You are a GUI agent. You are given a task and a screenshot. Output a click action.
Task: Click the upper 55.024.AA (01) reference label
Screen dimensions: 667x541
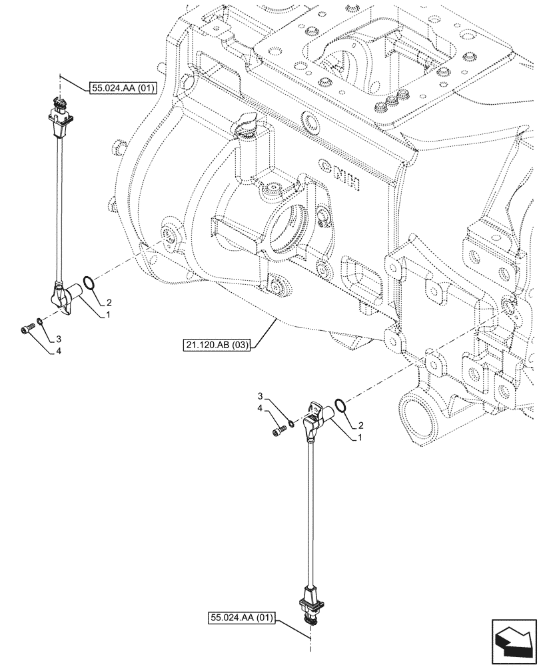pos(121,87)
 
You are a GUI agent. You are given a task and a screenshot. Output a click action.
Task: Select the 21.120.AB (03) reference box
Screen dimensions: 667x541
pos(215,344)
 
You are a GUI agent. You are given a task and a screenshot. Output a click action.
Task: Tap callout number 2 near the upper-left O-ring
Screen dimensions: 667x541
pos(109,301)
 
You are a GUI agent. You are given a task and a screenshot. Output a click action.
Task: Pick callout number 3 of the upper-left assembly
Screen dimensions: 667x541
pos(59,338)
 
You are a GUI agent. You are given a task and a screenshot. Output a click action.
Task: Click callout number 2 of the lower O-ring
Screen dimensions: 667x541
pos(360,424)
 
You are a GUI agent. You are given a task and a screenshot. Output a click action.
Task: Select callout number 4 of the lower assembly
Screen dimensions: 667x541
pos(261,407)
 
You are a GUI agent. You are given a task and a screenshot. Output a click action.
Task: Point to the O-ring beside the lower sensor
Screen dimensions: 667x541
pos(340,406)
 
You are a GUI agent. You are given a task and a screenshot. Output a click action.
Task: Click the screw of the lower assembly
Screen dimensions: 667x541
pos(277,433)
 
